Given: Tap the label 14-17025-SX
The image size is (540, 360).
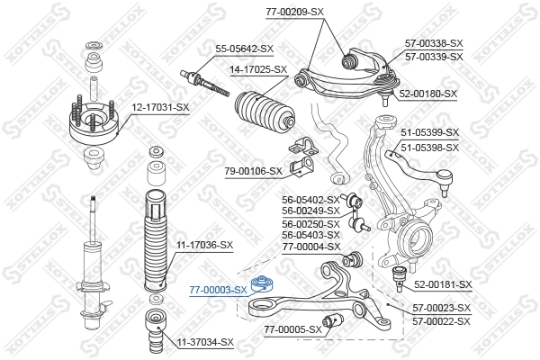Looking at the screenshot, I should click(x=256, y=69).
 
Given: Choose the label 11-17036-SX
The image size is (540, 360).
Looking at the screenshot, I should click(x=204, y=245).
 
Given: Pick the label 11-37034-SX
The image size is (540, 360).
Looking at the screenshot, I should click(x=204, y=342).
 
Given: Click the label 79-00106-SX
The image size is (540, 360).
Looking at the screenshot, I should click(x=253, y=170).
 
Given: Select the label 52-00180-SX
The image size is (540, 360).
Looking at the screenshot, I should click(x=427, y=93).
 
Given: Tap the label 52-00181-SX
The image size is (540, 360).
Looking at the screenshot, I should click(x=443, y=284).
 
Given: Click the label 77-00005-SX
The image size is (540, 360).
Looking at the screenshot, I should click(x=292, y=329).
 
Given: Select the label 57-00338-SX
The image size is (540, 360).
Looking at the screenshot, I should click(x=433, y=43).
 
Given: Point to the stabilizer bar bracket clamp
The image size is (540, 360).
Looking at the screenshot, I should click(x=301, y=157).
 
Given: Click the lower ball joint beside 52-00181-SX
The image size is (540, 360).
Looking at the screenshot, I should click(x=398, y=274).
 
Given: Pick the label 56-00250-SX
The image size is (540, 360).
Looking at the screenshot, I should click(x=310, y=223).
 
